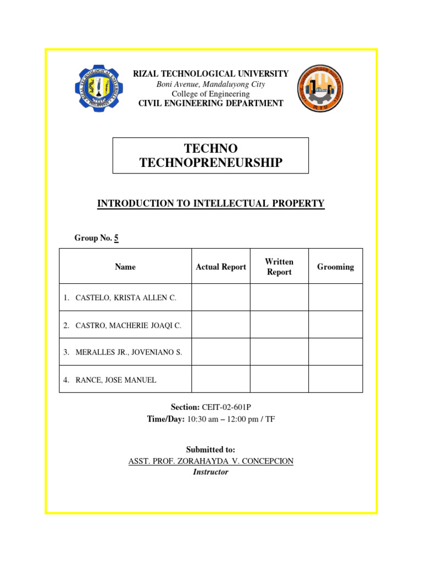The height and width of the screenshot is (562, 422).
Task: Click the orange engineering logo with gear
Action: [x=321, y=88]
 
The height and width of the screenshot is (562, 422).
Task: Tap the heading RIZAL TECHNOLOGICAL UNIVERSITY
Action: [x=211, y=74]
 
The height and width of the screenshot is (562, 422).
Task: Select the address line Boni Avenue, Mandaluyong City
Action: [x=211, y=84]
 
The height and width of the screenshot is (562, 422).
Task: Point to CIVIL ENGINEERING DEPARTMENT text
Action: [x=211, y=103]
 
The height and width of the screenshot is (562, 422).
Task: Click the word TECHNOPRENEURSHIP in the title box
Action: [x=211, y=162]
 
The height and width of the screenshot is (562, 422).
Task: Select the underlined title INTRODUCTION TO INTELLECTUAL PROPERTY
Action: [x=211, y=204]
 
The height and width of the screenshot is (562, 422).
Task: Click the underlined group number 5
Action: [x=116, y=238]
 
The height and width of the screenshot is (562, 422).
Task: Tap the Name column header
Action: [x=125, y=267]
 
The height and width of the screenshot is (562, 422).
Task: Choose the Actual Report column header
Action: [x=221, y=267]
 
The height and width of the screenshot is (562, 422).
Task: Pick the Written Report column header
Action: [x=279, y=267]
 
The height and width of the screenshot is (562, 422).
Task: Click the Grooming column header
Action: [x=335, y=267]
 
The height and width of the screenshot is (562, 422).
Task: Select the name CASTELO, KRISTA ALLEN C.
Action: [x=126, y=298]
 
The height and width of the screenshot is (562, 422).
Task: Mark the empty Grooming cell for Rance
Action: [x=335, y=379]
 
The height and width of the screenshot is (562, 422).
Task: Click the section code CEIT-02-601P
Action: [x=226, y=407]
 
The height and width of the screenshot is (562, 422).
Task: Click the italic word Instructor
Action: [x=211, y=472]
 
